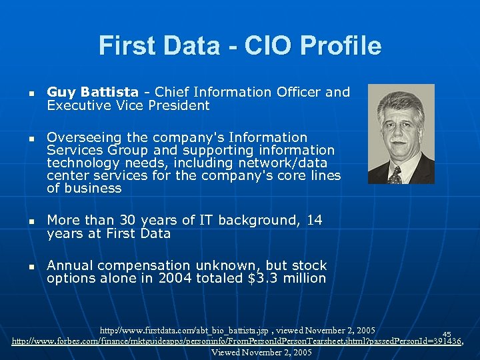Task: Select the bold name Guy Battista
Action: [x=93, y=92]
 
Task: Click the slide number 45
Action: [x=447, y=334]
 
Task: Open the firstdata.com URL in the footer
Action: [x=184, y=331]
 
